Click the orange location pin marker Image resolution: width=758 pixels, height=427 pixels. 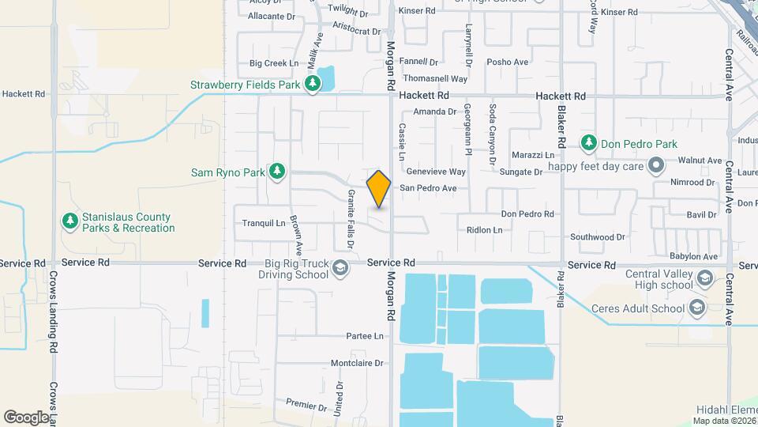pos(379,189)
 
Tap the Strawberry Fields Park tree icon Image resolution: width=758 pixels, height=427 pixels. pos(313,85)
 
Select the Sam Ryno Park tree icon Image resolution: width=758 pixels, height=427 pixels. pos(276,172)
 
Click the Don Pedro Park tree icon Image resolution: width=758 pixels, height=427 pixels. pos(588,144)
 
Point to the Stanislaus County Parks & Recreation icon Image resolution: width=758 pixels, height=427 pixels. pos(70,221)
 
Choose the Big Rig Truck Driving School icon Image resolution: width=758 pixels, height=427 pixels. pos(340,269)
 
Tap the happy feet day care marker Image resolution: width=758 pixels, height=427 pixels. pos(655,166)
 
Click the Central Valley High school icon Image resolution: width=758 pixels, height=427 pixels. pos(705,279)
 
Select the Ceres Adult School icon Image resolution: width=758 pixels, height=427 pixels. pos(696,308)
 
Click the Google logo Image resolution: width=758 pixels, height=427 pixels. pos(25,417)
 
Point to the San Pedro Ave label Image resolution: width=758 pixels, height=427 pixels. pos(428,188)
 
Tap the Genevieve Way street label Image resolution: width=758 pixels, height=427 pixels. pos(435,172)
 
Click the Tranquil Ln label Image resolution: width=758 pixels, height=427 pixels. pos(264,223)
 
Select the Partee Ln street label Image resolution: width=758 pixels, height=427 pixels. pos(365,336)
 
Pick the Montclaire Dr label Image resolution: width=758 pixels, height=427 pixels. pos(356,364)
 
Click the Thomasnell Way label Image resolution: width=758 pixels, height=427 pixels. pos(435,79)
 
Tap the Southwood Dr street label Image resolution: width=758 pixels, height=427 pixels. pos(597,236)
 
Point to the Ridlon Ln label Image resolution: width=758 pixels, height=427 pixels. pos(484,230)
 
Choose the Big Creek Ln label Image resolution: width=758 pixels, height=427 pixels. pos(274,63)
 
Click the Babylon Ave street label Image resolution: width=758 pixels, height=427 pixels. pos(693,256)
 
